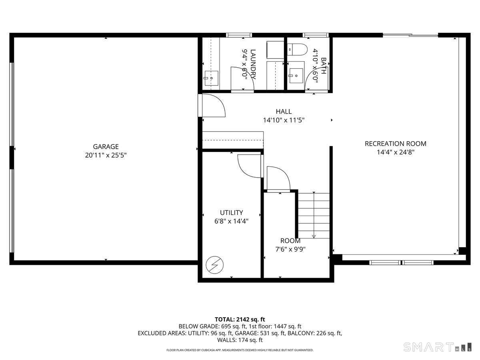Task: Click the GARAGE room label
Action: point(106,147)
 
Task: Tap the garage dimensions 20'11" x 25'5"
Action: point(106,155)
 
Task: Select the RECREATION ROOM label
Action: point(395,144)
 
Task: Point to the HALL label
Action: point(283,112)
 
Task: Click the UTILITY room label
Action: point(231,213)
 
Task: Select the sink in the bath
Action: point(296,75)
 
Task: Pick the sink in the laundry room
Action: point(211,78)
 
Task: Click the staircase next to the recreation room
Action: point(314,215)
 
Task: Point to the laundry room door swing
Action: point(242,78)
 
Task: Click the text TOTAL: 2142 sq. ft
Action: point(240,319)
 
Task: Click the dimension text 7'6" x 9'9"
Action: point(290,249)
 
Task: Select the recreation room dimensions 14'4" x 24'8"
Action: point(395,152)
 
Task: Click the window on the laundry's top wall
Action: point(239,35)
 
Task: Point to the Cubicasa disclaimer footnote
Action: point(240,350)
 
